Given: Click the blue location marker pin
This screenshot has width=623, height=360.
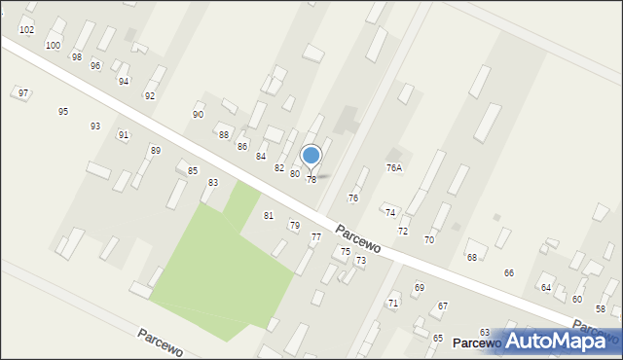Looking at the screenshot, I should coord(311,156).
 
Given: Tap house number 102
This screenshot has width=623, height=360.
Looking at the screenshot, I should coord(26,30).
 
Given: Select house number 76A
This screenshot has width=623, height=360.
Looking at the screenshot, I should coord(394,167).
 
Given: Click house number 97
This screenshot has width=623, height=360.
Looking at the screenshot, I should coord(23,93).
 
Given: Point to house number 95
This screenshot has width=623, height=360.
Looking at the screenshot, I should coord(63,111).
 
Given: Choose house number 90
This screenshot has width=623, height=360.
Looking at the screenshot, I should coord(199,114).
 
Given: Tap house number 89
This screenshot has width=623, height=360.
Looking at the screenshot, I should coord(155,150).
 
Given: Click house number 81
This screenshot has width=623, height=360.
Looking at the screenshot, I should coord(269,215).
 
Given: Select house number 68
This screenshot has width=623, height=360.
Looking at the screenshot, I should coord(472,257).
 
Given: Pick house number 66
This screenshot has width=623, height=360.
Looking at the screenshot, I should coord(508,272).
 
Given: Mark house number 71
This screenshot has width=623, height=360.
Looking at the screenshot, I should coord(393,303).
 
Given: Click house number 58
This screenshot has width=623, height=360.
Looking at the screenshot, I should coord(601,308).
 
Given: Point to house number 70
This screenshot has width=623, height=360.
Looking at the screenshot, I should coord(428,239).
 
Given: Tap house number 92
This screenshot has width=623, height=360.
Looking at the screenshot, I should coord(150,95).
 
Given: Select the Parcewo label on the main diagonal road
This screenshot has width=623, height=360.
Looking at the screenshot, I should coord(357,241).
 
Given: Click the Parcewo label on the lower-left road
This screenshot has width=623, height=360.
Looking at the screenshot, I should coord(160,336).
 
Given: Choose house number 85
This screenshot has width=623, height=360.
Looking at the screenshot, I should coord(193,170).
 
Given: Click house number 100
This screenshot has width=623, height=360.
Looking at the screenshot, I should coord(53,46).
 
